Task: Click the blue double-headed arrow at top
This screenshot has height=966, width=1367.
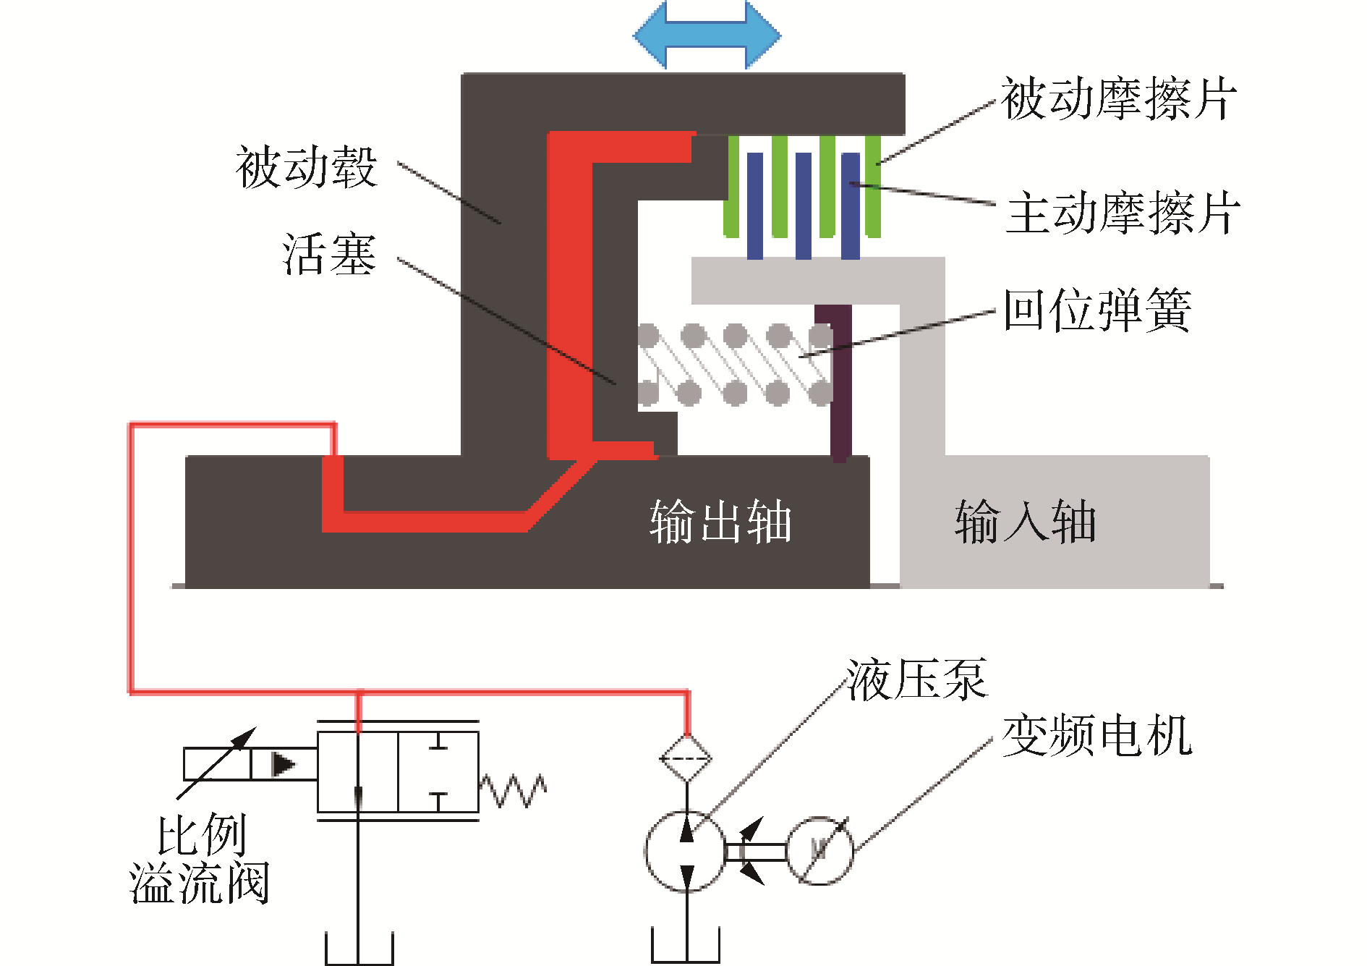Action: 707,34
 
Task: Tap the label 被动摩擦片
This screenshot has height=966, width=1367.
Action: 1119,99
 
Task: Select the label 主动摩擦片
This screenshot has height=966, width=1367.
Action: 1123,213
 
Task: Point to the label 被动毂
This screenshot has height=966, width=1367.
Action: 306,167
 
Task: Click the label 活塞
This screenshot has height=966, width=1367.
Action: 329,254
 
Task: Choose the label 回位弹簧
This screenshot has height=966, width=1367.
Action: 1097,310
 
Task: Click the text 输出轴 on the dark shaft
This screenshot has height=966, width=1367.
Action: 720,521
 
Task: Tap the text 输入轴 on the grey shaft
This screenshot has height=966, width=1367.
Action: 1026,521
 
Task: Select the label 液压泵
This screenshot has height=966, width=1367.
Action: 916,680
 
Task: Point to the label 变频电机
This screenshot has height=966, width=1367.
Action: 1096,735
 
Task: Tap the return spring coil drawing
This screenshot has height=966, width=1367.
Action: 735,365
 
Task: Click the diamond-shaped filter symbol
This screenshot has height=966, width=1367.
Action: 686,758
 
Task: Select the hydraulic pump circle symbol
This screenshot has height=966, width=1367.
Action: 684,851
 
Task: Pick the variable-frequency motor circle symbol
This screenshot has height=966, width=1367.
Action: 819,851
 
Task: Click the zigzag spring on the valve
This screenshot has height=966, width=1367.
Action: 513,790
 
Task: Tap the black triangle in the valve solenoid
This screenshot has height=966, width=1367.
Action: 283,764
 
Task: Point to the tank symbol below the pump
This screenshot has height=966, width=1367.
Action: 686,944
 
